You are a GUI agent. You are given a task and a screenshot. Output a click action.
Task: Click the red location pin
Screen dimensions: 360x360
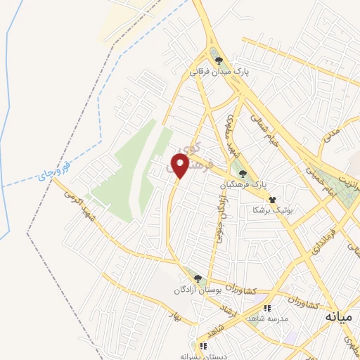coord(179,165)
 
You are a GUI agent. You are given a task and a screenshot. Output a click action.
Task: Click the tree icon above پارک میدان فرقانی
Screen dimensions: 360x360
coord(219,61)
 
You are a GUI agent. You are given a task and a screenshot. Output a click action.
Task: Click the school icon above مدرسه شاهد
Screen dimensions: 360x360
coord(266,308)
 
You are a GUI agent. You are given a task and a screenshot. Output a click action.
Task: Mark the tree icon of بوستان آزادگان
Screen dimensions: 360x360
coord(198,279)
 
